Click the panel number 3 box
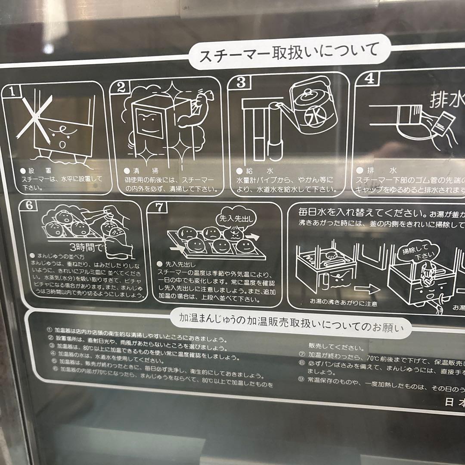[241, 82]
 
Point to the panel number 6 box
[29, 205]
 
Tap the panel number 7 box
[159, 207]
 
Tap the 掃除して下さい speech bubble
[416, 252]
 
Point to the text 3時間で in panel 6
[90, 248]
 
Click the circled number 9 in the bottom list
[301, 379]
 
